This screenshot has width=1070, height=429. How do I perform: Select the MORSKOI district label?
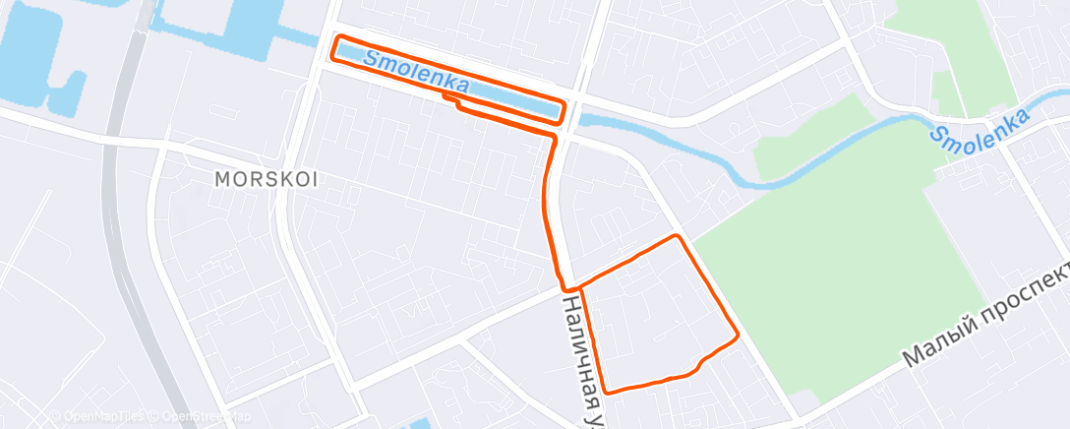tap(267, 180)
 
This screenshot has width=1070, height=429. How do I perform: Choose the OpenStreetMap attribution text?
tap(196, 416)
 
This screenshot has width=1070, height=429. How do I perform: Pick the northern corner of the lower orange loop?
tap(676, 236)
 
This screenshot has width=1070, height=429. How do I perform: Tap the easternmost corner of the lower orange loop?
tap(737, 337)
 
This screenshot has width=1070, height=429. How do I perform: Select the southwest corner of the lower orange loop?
tap(606, 392)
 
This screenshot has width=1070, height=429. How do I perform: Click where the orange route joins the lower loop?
tap(578, 287)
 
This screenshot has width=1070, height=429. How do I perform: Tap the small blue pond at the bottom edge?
tap(418, 424)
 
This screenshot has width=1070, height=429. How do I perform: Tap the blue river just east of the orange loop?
tap(629, 128)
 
